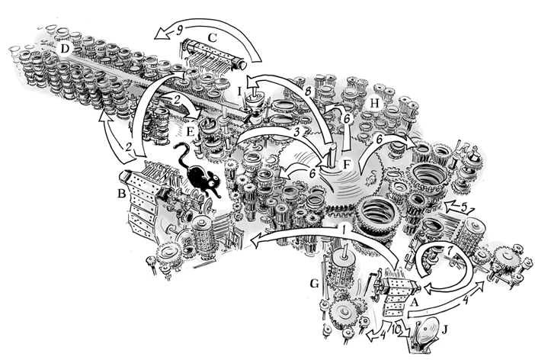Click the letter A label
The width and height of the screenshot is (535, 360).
[414, 302]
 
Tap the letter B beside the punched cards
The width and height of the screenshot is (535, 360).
[121, 194]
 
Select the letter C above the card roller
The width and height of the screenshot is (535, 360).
[212, 38]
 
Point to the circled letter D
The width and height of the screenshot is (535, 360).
[65, 49]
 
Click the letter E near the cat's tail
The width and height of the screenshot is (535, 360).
[191, 131]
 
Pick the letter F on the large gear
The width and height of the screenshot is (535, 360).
[347, 165]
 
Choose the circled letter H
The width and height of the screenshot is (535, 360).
[374, 104]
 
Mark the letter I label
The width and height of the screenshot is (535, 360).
[240, 92]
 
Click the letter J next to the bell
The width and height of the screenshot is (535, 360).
[444, 330]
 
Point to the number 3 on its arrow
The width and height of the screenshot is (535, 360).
[297, 131]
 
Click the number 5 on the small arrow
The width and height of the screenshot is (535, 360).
[463, 207]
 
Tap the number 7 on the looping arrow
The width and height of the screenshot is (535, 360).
[450, 250]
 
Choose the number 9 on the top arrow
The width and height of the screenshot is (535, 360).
[179, 31]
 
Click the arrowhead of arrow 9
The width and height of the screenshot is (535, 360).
[160, 34]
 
